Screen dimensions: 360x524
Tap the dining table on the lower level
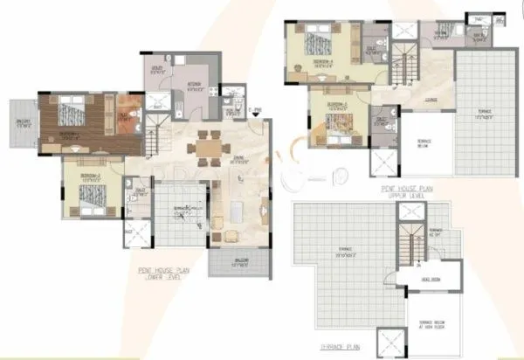pyautogui.click(x=206, y=146)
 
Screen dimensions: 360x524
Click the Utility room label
pyautogui.click(x=158, y=68)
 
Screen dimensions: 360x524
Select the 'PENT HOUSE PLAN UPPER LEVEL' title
pyautogui.click(x=410, y=190)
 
